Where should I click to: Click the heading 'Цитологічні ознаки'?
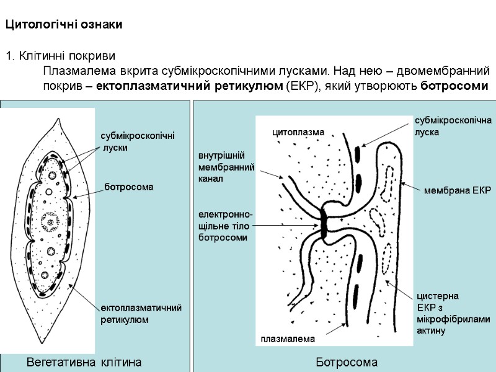pyautogui.click(x=64, y=25)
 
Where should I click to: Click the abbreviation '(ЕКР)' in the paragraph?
pyautogui.click(x=301, y=86)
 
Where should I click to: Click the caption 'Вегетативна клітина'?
pyautogui.click(x=84, y=361)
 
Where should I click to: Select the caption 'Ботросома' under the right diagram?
pyautogui.click(x=347, y=361)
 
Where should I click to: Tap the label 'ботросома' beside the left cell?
pyautogui.click(x=128, y=186)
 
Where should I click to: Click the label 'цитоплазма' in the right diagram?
pyautogui.click(x=299, y=131)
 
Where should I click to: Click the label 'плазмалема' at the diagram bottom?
pyautogui.click(x=288, y=339)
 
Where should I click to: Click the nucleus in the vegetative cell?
pyautogui.click(x=50, y=219)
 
